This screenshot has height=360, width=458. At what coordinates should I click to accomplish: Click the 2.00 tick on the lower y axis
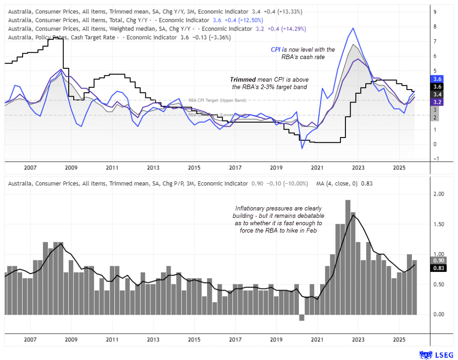[439, 194]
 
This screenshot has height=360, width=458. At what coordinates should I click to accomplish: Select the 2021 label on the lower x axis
[317, 339]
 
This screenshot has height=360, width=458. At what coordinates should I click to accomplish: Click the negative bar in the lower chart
[302, 318]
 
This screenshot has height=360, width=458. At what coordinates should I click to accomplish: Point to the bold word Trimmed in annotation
[243, 79]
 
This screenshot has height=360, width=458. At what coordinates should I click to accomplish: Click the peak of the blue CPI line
[353, 28]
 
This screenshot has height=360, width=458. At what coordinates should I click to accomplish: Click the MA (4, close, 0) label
[333, 183]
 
